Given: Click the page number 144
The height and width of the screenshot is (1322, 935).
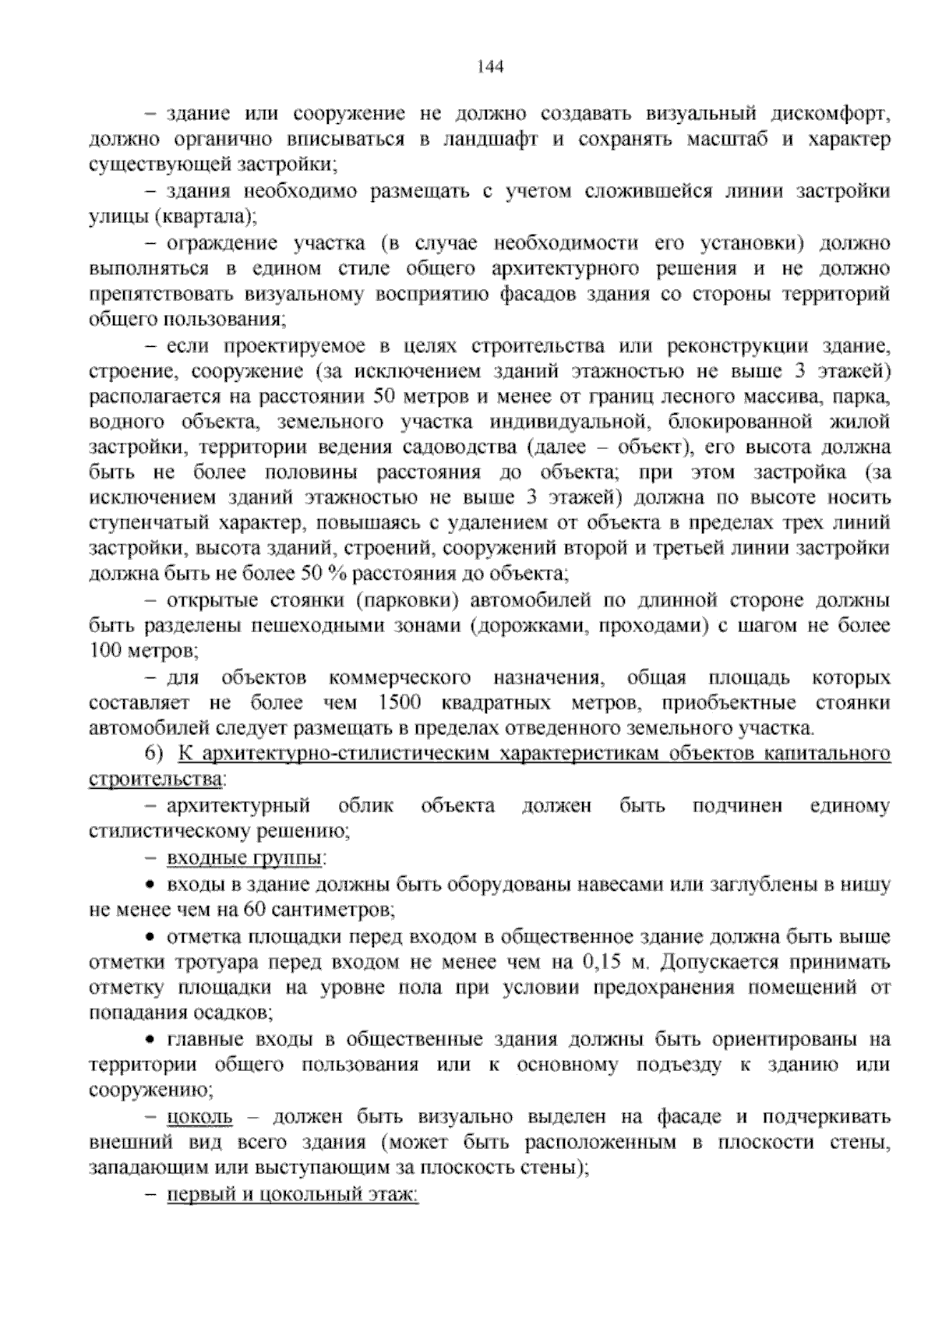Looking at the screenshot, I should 490,67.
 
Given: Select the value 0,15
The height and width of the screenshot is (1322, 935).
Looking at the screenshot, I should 601,961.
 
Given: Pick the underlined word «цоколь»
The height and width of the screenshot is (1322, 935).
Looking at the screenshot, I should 199,1117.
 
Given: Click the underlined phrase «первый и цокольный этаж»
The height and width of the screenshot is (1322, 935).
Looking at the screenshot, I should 292,1195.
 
